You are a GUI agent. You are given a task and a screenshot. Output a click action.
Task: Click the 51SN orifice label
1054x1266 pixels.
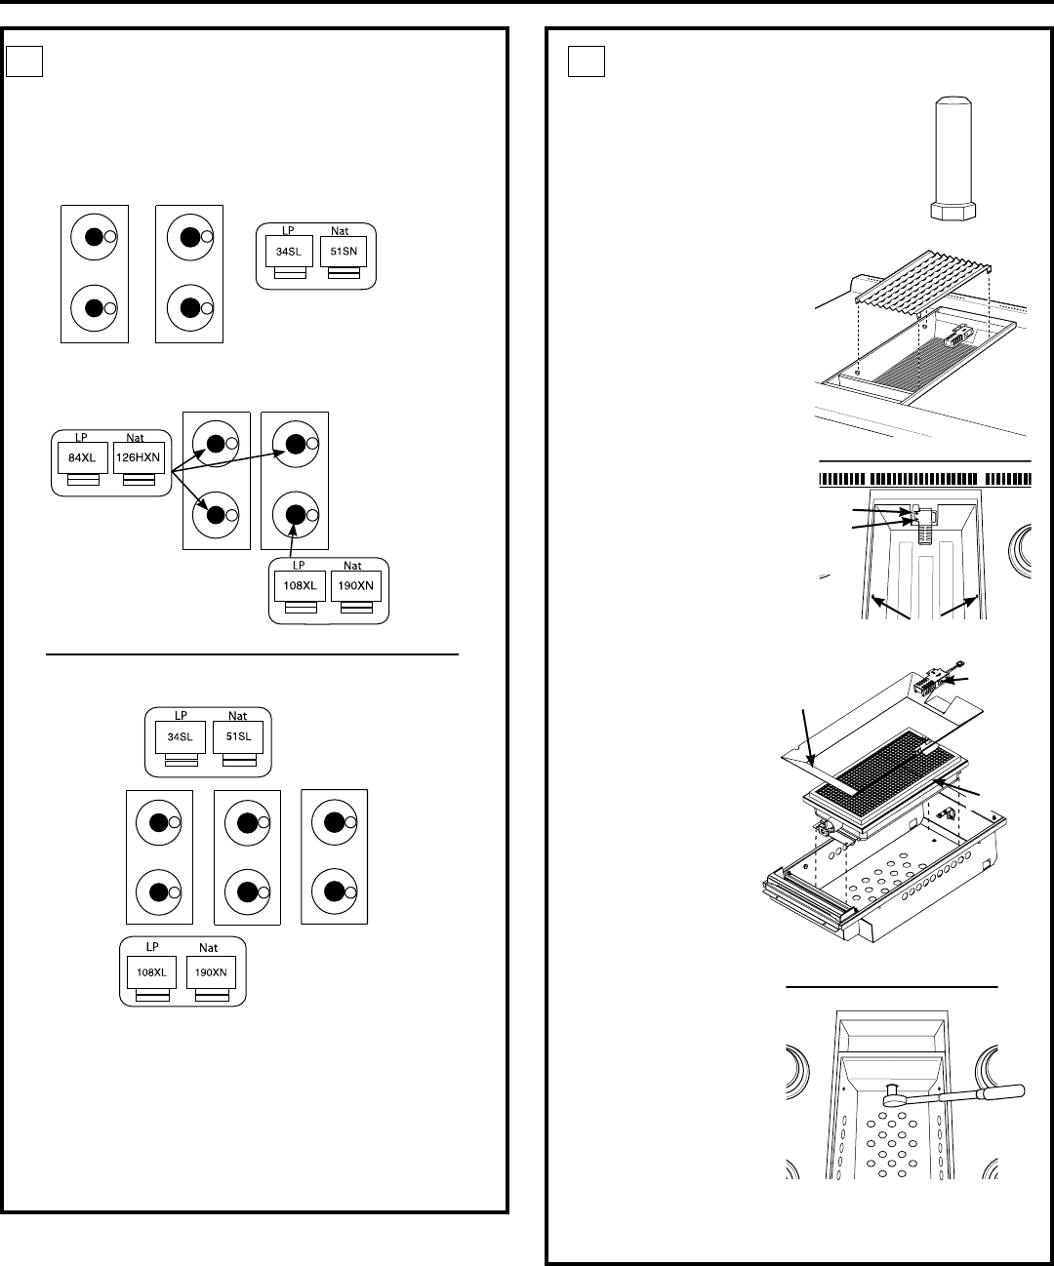tap(344, 251)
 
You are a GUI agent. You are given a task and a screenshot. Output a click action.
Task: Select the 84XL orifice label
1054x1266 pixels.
tap(83, 457)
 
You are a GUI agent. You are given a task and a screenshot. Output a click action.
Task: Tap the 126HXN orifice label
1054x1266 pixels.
tap(139, 457)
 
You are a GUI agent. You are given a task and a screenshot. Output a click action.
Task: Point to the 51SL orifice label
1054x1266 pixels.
tap(238, 736)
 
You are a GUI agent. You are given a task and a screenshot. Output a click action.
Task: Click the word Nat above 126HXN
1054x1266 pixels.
tap(135, 438)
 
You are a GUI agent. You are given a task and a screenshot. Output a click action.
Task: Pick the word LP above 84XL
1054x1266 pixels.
tap(81, 437)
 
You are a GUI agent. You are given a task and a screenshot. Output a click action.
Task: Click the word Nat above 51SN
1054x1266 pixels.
tap(340, 231)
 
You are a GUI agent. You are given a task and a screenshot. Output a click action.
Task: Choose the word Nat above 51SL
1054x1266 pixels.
tap(237, 716)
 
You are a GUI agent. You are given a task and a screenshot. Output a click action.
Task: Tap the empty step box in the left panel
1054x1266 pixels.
tap(24, 61)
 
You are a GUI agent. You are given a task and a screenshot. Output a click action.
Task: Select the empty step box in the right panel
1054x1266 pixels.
tap(587, 61)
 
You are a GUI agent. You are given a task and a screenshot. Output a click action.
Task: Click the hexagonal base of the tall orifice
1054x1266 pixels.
tap(953, 211)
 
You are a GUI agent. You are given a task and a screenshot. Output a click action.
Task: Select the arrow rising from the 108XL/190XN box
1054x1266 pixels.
tap(292, 540)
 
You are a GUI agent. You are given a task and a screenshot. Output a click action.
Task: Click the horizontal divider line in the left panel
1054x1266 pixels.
tap(252, 654)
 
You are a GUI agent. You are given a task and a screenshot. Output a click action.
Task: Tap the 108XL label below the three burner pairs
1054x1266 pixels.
tap(151, 972)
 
